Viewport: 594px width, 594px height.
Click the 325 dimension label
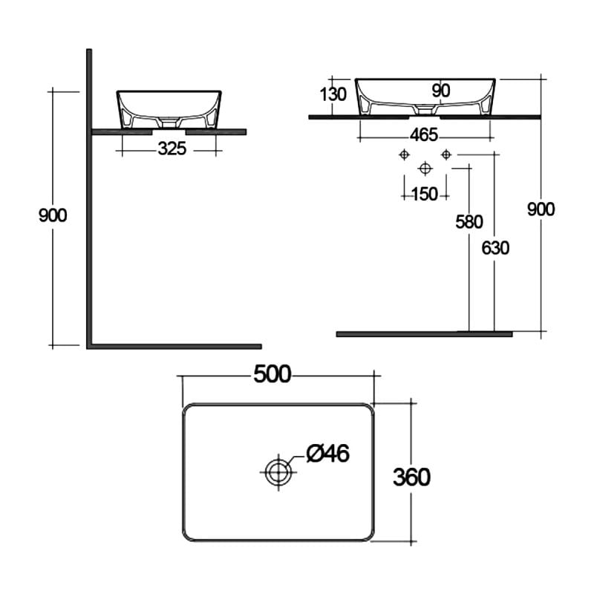click(172, 148)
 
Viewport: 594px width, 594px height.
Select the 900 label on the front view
click(541, 209)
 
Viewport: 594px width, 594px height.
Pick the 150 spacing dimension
click(423, 195)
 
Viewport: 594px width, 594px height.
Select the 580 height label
click(469, 221)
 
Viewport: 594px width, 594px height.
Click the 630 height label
click(495, 248)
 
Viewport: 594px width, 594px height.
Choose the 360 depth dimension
click(411, 476)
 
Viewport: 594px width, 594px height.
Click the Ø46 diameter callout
click(327, 453)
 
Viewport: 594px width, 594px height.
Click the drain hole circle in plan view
click(277, 470)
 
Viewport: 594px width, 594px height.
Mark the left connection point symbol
click(404, 154)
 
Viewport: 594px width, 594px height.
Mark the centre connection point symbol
click(425, 168)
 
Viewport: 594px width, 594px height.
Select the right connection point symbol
click(446, 154)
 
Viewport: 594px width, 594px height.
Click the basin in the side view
click(169, 108)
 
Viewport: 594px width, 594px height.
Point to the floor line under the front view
click(423, 334)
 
